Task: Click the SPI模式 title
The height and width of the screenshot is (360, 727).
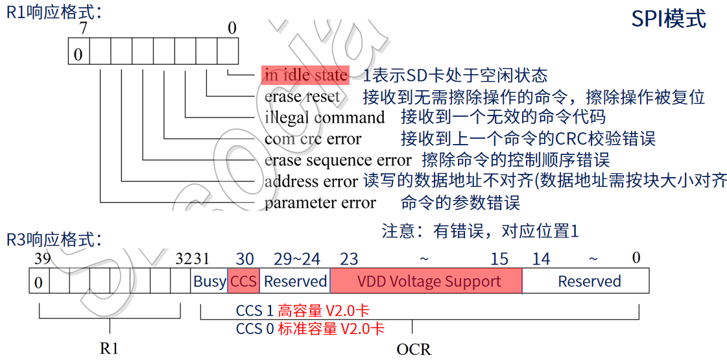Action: pos(669,19)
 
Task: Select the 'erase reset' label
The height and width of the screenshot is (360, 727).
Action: pos(302,97)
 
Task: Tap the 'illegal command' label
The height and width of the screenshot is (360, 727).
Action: pos(324,117)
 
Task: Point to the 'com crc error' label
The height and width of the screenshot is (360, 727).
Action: pos(313,139)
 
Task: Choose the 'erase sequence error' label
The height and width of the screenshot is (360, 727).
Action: pos(337,160)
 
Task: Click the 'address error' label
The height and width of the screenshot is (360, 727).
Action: pos(311,182)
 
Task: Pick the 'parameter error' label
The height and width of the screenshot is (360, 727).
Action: pos(320,203)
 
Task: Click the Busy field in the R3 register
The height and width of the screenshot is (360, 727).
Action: pos(209,281)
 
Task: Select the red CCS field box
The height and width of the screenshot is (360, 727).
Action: pos(243,281)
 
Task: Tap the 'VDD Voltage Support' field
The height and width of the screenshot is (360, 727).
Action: pos(426,281)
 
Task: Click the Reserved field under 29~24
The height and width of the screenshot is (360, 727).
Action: pos(295,281)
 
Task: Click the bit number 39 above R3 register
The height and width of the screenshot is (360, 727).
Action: pos(42,259)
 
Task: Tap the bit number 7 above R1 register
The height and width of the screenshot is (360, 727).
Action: pos(83,29)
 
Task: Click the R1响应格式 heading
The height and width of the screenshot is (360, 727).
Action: pos(53,12)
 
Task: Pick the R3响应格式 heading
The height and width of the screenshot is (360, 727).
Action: pos(53,239)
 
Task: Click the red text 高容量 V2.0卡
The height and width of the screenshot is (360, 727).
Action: pos(324,311)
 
